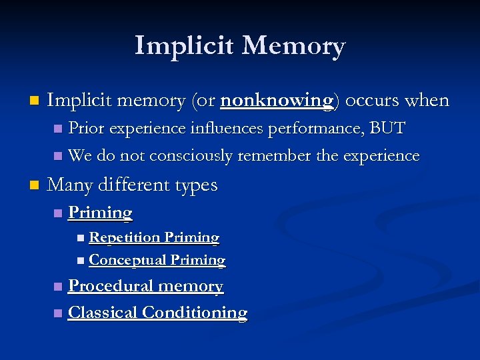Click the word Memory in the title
[293, 46]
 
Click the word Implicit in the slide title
[183, 46]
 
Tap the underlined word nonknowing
[276, 101]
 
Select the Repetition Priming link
[154, 237]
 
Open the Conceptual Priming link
[157, 260]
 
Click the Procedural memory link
[146, 286]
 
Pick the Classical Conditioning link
[158, 312]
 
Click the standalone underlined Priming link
[101, 213]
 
